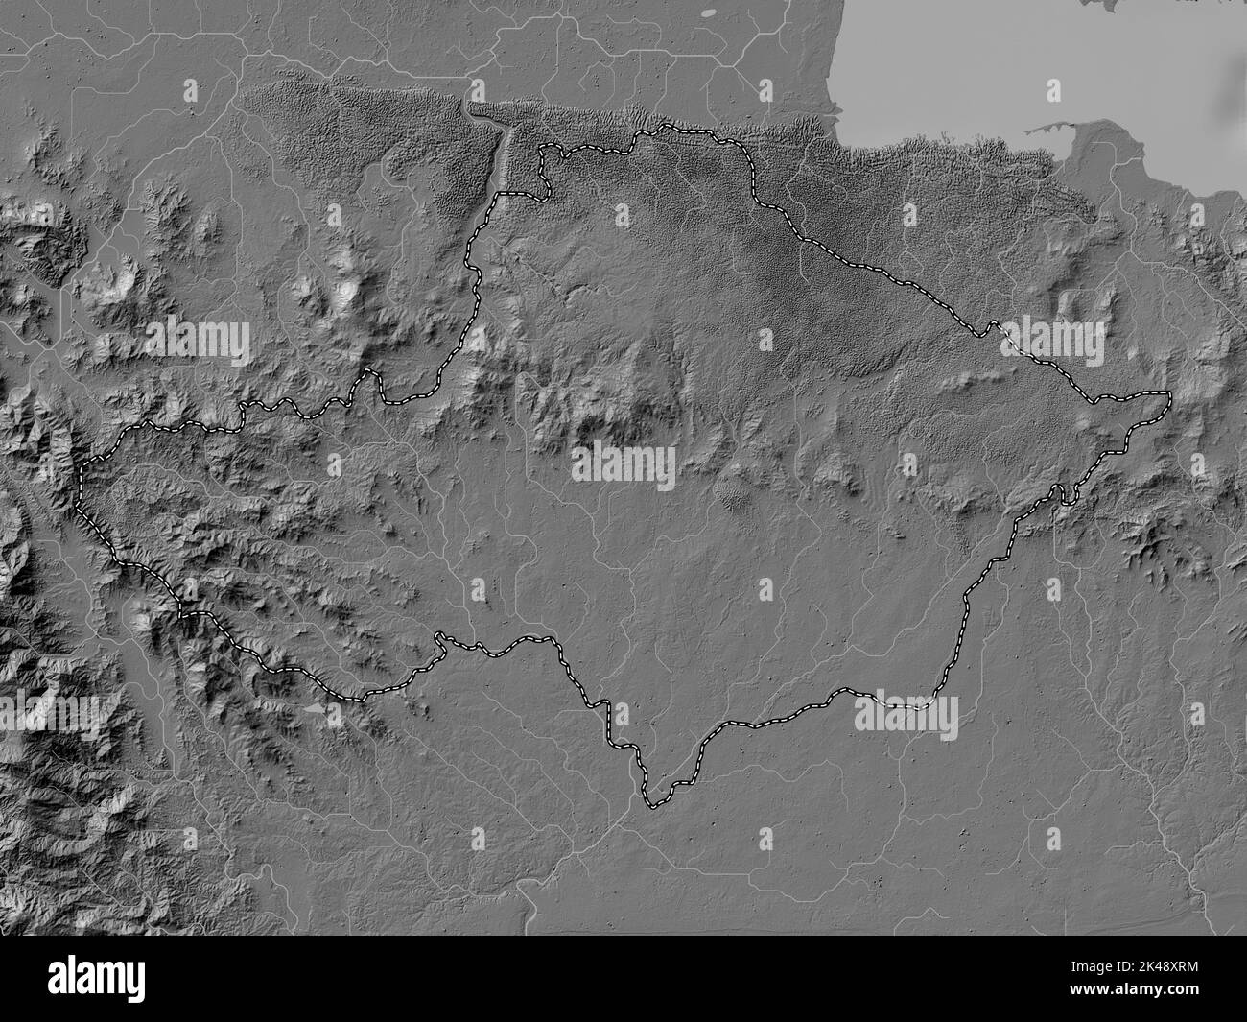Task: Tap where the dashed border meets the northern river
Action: coord(500,194)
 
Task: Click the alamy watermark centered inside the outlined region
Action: coord(623,466)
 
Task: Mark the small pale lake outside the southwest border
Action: coord(318,711)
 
